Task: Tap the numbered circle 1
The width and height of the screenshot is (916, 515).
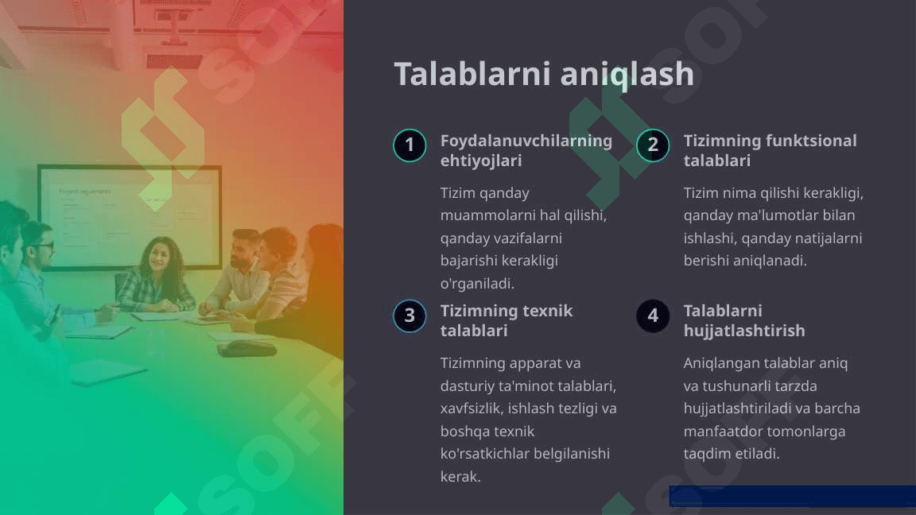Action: click(x=409, y=145)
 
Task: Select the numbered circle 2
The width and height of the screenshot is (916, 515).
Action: click(x=653, y=145)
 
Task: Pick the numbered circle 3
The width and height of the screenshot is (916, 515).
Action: click(x=409, y=316)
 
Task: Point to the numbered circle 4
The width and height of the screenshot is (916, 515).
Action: click(x=653, y=316)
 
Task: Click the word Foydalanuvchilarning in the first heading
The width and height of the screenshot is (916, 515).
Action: click(x=526, y=141)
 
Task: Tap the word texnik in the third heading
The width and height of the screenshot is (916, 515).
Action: click(x=547, y=311)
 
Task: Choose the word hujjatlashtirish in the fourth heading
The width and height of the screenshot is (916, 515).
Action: click(x=744, y=331)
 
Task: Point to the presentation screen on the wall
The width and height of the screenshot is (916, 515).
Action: click(x=130, y=217)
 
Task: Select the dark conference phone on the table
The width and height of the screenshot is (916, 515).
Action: click(x=246, y=349)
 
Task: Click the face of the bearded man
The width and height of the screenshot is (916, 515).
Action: click(x=242, y=253)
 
